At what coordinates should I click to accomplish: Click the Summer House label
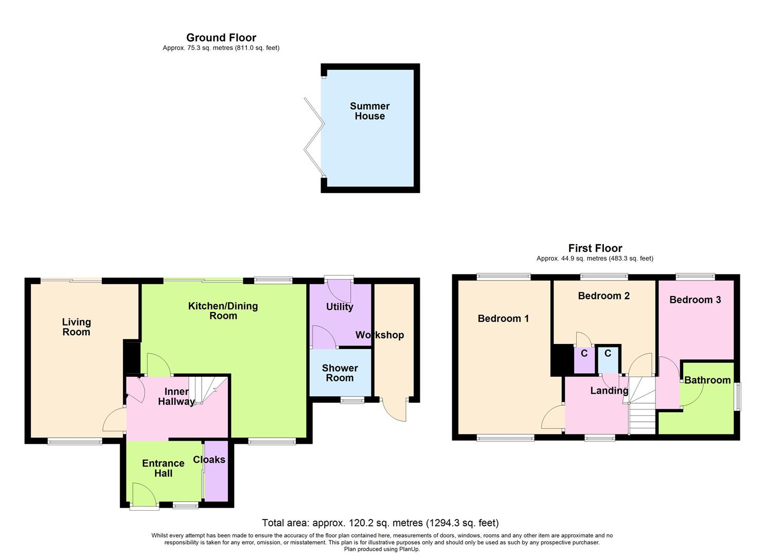pos(369,111)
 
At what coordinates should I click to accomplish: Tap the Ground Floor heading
pos(221,38)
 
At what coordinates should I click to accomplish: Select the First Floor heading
pos(595,248)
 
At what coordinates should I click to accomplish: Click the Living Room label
pos(76,327)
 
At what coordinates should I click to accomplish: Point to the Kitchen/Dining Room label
pos(223,311)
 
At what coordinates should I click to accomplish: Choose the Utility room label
pos(340,307)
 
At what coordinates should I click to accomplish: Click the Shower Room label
pos(340,373)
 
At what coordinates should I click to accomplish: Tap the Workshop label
pos(380,335)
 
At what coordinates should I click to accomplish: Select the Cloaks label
pos(209,460)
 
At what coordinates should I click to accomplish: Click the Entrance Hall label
pos(163,468)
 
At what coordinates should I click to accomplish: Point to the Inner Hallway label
pos(176,396)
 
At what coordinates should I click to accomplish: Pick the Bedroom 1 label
pos(503,319)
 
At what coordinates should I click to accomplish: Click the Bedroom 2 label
pos(603,296)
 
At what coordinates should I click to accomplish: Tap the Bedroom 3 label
pos(695,300)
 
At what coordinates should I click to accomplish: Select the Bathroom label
pos(707,380)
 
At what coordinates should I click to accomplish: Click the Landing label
pos(609,391)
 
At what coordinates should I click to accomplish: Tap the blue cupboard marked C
pos(608,359)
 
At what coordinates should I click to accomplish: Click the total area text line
pos(380,523)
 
